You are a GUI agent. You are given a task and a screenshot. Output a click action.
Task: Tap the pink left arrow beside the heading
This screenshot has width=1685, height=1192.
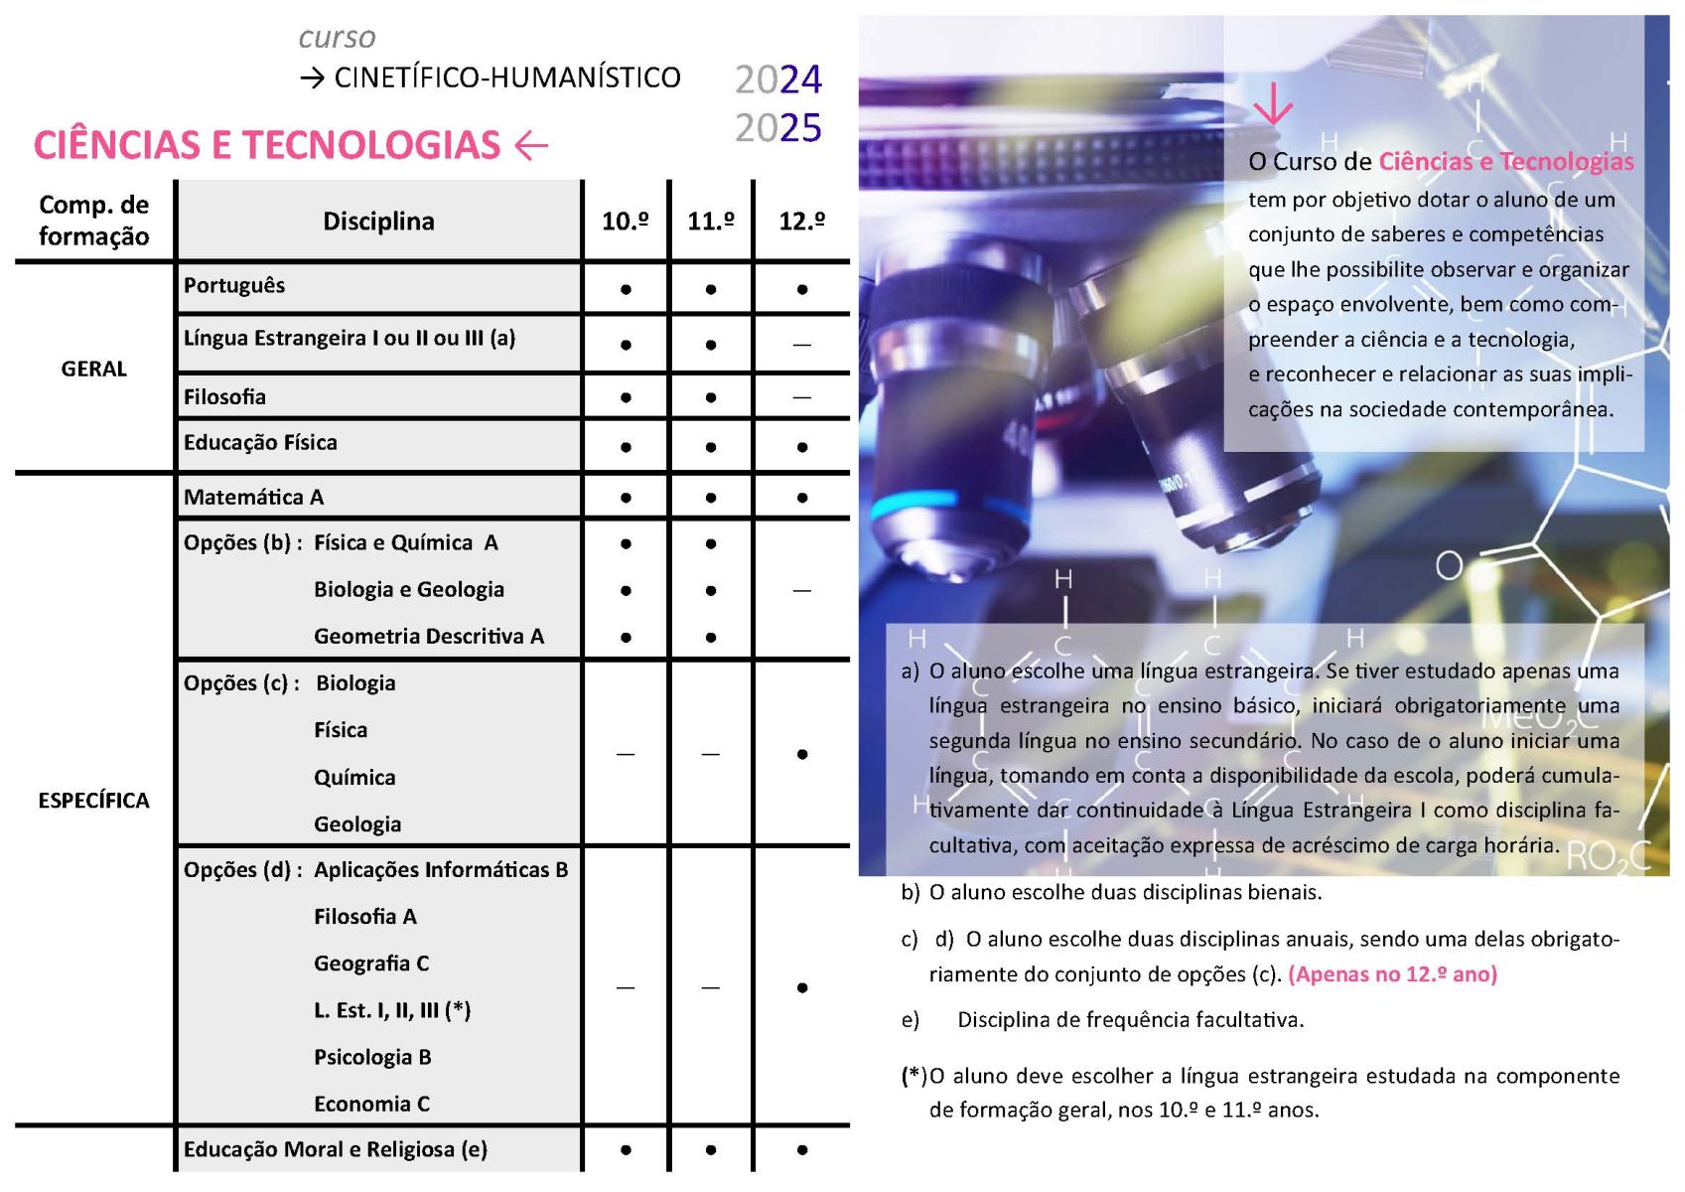(x=532, y=146)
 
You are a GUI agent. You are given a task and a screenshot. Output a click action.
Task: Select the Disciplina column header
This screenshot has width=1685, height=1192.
(x=378, y=221)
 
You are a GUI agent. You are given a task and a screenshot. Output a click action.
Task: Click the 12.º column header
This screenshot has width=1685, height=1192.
(x=801, y=221)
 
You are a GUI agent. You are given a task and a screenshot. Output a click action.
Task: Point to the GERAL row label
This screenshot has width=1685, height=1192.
(x=94, y=369)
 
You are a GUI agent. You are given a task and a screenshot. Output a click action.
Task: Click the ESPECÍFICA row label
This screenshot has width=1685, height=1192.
(x=94, y=801)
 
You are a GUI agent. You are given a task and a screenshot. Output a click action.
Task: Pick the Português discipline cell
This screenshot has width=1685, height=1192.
(x=234, y=286)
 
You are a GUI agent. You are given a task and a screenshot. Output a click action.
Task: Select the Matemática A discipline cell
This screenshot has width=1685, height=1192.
(x=254, y=497)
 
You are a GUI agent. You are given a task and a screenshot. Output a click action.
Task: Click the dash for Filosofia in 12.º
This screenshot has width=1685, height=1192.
(x=801, y=397)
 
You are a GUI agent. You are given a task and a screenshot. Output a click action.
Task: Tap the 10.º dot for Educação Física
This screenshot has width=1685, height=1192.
(x=626, y=447)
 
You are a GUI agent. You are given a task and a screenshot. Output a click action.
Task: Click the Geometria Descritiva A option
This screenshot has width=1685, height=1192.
(x=429, y=636)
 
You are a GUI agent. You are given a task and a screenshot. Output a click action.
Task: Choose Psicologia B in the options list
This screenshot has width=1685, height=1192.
(x=372, y=1057)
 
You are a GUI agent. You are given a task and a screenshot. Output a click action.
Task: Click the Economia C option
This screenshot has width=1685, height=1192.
(x=371, y=1104)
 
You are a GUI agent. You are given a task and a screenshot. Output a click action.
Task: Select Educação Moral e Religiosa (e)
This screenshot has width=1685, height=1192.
(x=336, y=1149)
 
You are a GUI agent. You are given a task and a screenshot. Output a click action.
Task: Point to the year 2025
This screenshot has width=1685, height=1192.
(x=777, y=128)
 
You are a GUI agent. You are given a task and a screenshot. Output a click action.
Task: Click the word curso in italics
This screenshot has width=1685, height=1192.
(x=337, y=38)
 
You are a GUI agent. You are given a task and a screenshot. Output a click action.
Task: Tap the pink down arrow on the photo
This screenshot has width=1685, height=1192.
(x=1272, y=102)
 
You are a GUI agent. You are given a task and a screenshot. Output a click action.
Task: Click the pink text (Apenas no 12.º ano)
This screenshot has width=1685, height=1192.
(x=1392, y=973)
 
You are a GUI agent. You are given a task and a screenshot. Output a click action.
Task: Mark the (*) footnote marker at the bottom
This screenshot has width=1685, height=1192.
(x=913, y=1076)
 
